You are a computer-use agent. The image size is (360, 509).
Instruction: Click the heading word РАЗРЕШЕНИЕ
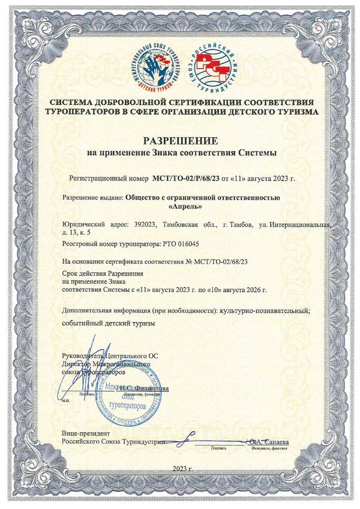tap(179, 141)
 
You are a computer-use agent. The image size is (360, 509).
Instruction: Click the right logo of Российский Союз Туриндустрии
tap(212, 65)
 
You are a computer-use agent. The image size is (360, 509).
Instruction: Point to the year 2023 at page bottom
tap(178, 468)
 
